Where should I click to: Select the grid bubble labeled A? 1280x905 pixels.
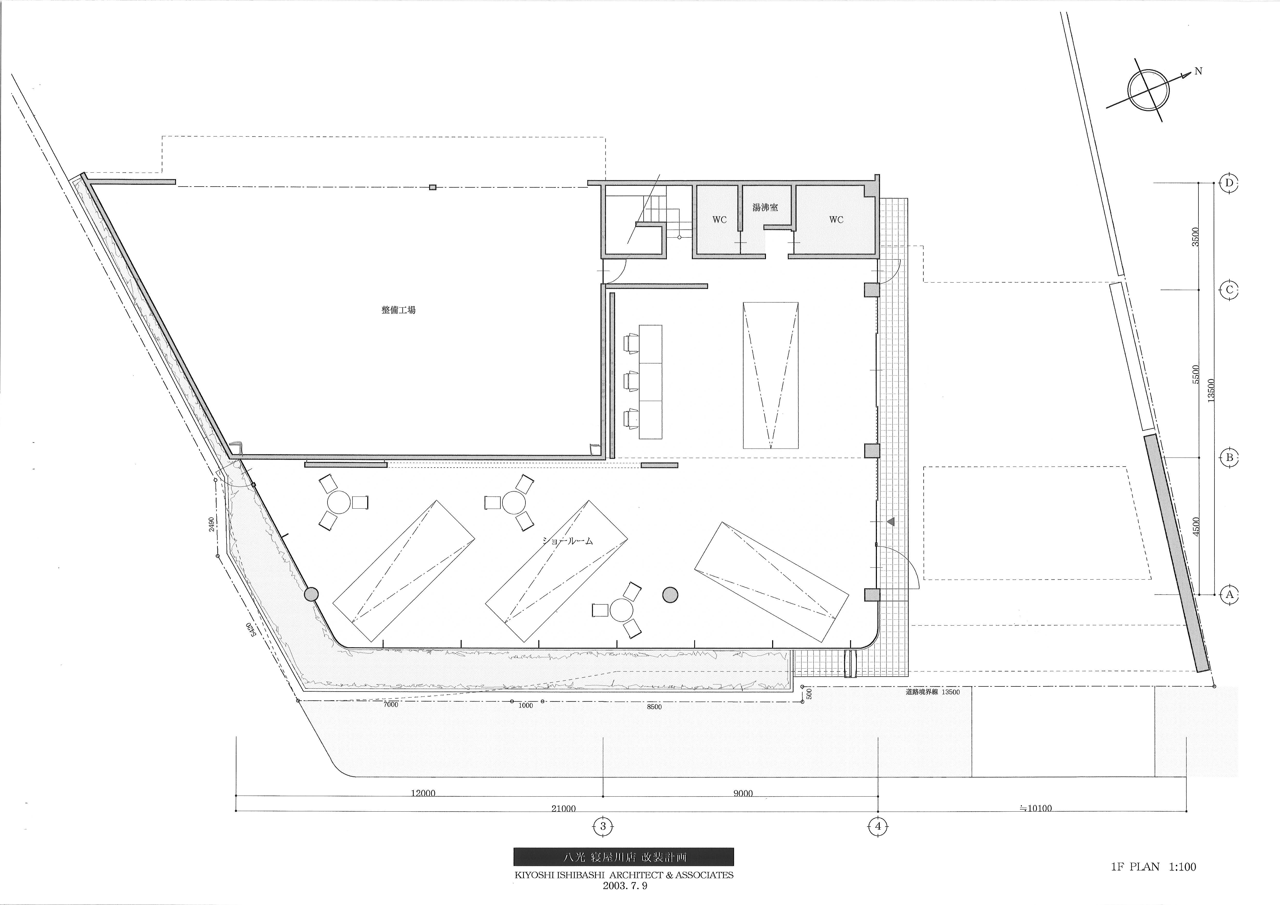pos(1230,594)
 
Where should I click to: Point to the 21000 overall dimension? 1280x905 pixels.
pos(564,808)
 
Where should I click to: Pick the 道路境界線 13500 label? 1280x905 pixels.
pos(933,692)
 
